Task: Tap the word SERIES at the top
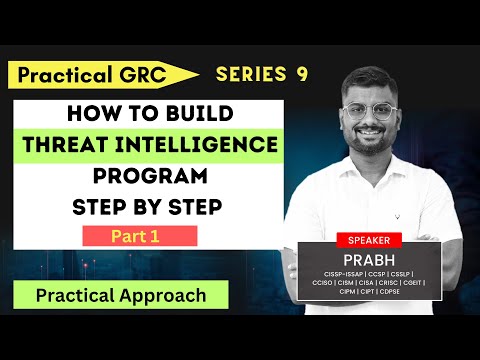249,73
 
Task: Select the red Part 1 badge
139,236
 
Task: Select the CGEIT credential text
411,294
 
